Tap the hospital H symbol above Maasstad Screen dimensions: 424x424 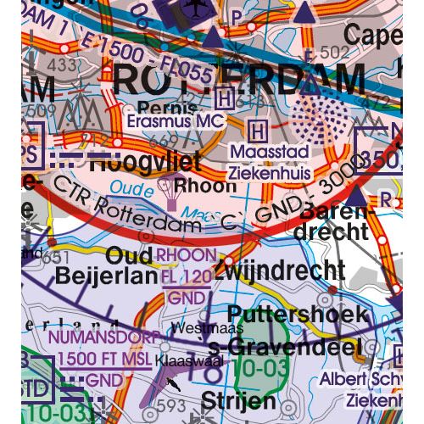click(259, 130)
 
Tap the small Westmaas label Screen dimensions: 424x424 click(197, 326)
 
